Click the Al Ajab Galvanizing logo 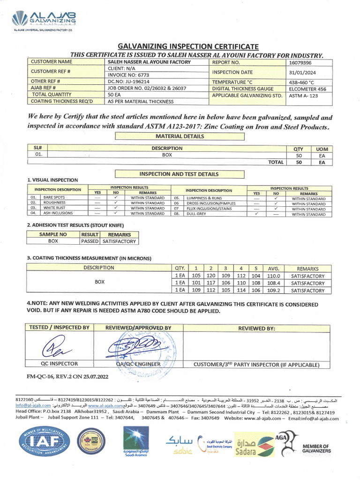tap(45, 21)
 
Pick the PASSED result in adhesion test tap(90, 241)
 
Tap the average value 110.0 tap(273, 276)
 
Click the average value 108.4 tap(273, 283)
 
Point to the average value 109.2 tap(273, 290)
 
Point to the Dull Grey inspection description tap(196, 214)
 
